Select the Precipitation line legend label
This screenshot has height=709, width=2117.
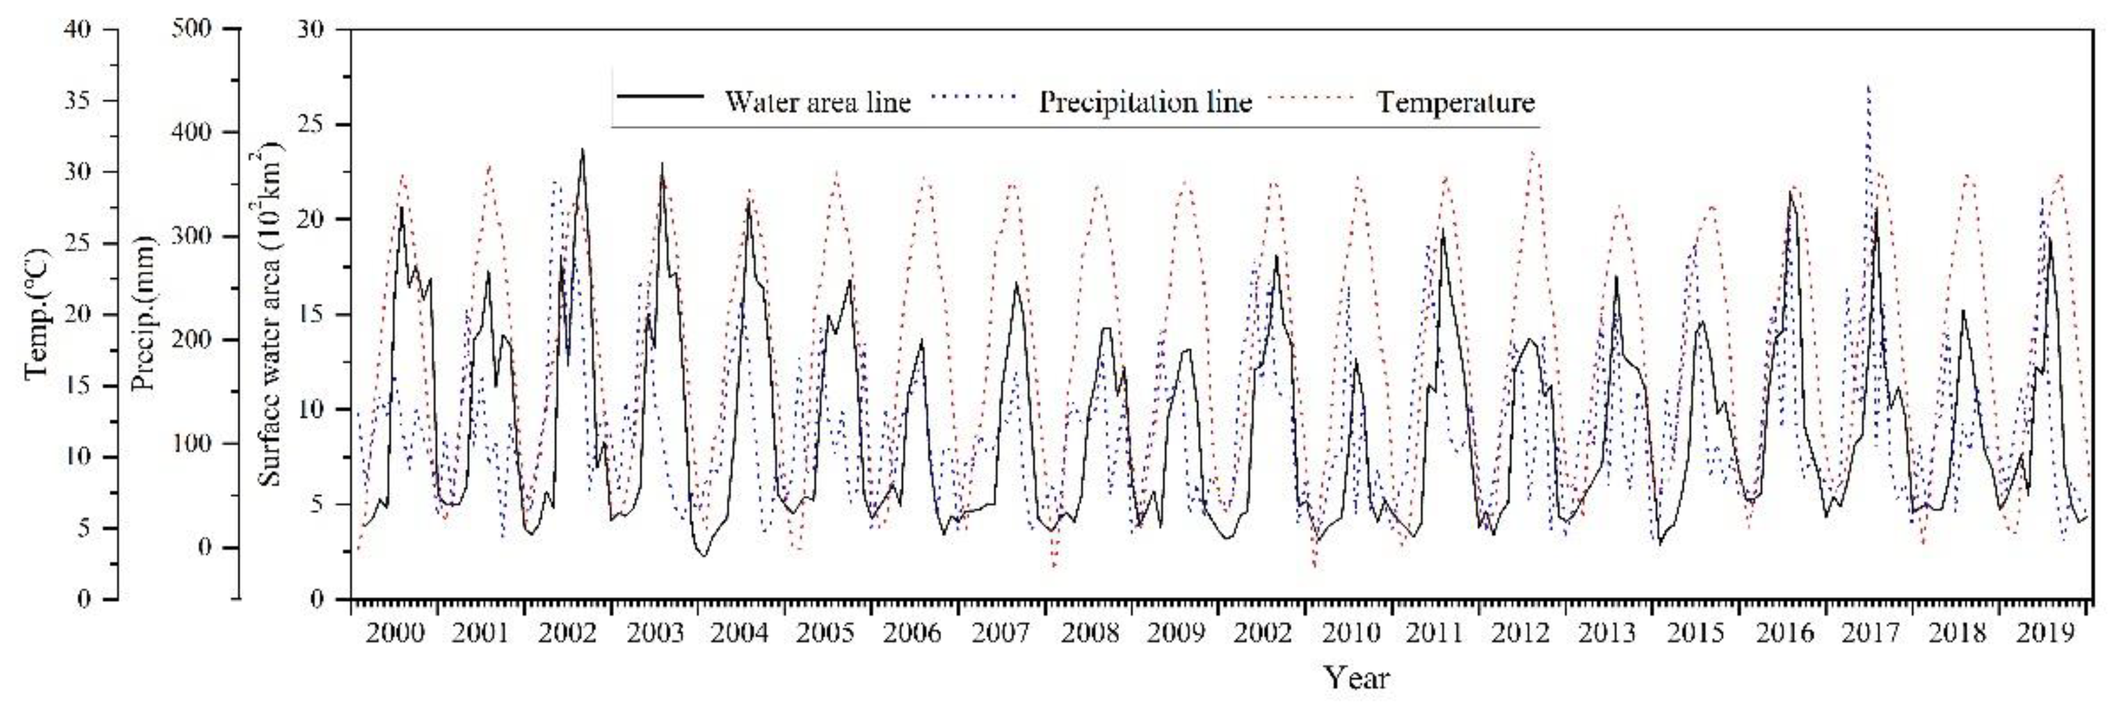point(1145,102)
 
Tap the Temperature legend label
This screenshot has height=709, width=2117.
point(1455,102)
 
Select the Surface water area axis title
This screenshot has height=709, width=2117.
point(270,315)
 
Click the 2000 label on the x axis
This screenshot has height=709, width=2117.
point(395,634)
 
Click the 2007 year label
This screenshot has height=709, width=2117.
point(1001,634)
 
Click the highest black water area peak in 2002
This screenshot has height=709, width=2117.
point(583,149)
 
